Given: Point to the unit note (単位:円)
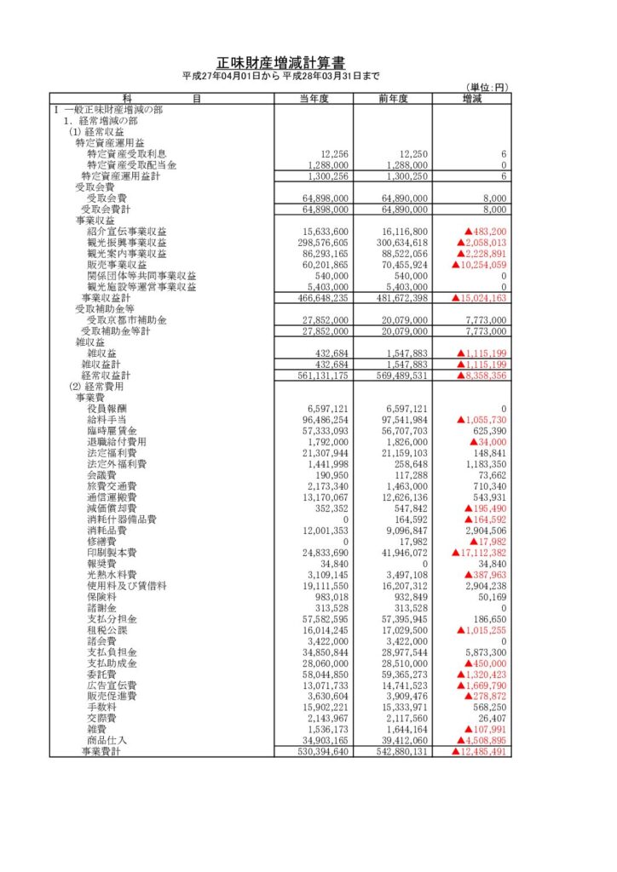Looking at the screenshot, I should pyautogui.click(x=487, y=88).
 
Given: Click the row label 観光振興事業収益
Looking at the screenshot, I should pyautogui.click(x=127, y=243).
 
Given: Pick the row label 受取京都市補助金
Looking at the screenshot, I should pyautogui.click(x=127, y=320).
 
